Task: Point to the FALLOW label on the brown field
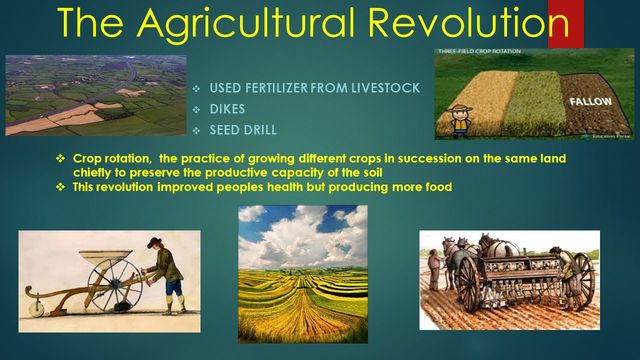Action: [x=590, y=102]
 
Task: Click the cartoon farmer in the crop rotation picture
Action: [x=460, y=119]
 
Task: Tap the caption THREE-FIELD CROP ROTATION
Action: [x=475, y=52]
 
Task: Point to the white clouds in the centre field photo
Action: [x=300, y=235]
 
